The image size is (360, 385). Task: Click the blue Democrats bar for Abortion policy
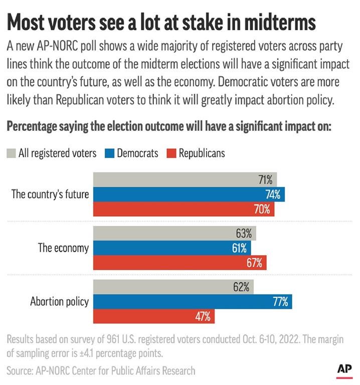point(193,302)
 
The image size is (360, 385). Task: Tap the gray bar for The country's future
point(185,179)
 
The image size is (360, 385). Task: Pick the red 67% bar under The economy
point(179,263)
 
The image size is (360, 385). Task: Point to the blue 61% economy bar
point(172,248)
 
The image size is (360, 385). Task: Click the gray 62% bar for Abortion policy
point(173,287)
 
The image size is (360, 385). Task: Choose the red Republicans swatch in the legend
point(171,153)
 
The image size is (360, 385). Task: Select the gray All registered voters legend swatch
point(11,153)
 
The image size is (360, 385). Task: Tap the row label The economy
point(64,248)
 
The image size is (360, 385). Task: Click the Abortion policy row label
point(59,302)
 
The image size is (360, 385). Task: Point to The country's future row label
point(50,195)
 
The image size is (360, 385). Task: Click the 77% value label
point(280,302)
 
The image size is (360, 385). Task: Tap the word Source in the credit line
point(21,370)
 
